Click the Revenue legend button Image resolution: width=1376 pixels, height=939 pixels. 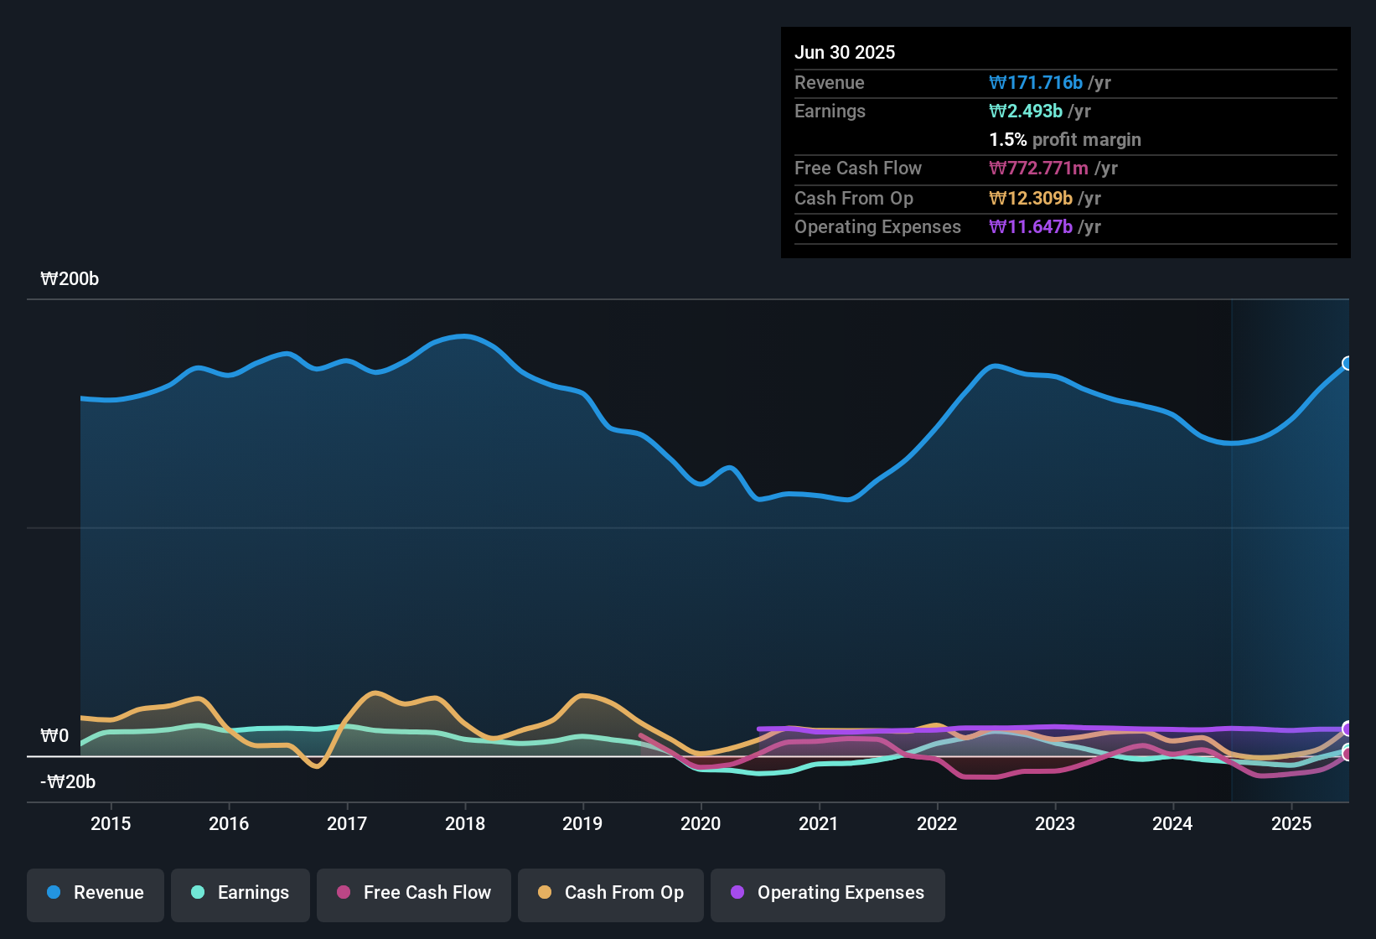click(96, 893)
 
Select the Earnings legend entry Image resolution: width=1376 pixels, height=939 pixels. click(241, 893)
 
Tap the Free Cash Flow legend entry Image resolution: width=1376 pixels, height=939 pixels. click(414, 893)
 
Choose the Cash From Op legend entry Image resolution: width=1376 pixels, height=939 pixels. click(611, 893)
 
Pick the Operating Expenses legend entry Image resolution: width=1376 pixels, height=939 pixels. click(828, 893)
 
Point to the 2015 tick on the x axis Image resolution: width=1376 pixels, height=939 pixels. click(111, 823)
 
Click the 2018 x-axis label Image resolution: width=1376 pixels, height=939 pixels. click(465, 823)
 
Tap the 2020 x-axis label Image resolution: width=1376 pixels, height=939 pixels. click(701, 823)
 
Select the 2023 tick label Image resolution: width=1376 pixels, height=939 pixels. click(1055, 823)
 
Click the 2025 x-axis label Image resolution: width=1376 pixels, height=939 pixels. click(1291, 823)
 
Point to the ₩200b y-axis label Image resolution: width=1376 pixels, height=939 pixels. click(70, 279)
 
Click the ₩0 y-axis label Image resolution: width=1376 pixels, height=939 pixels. click(54, 736)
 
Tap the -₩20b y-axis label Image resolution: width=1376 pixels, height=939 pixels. click(68, 782)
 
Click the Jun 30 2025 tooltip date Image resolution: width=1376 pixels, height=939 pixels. click(845, 52)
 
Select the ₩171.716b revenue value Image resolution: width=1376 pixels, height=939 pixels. click(1036, 83)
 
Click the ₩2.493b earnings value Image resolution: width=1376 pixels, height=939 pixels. click(1026, 112)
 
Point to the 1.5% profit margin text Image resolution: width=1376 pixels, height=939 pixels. click(1065, 140)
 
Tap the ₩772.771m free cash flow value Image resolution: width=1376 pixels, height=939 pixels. click(1038, 169)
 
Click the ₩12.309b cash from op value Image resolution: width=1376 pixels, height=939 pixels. click(1031, 199)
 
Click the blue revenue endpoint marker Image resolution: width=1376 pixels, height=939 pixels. click(1348, 363)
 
